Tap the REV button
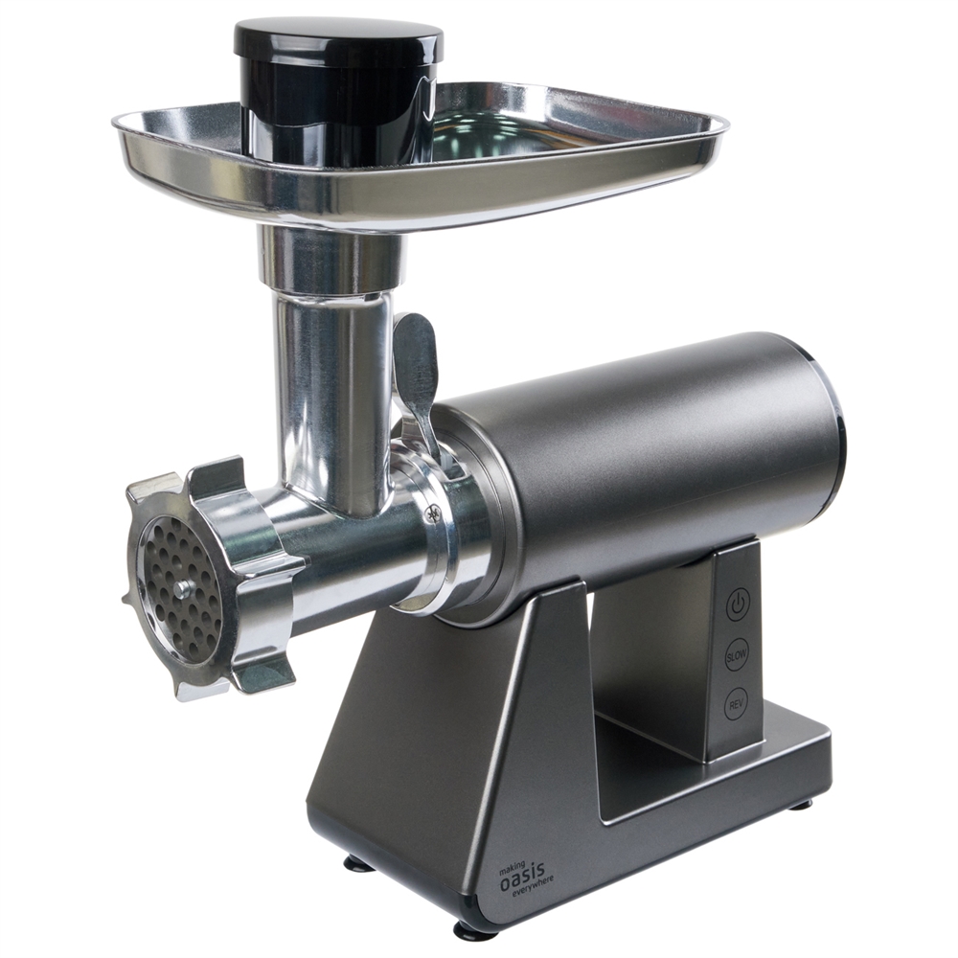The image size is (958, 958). click(x=736, y=706)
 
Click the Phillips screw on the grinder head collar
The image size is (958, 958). click(x=434, y=514)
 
